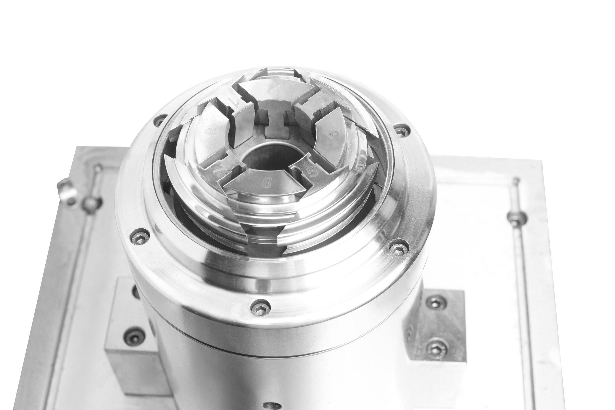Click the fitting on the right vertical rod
coord(516,216)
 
